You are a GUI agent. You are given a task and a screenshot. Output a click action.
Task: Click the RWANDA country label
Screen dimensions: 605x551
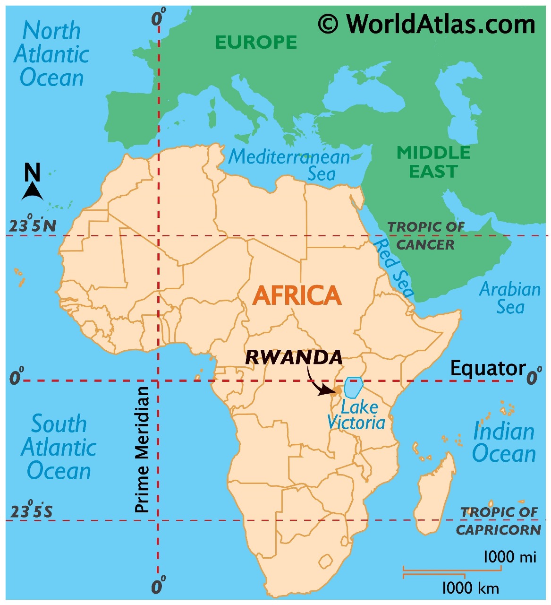[x=294, y=357]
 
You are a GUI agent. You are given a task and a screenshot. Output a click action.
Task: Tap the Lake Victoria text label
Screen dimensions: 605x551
[x=357, y=415]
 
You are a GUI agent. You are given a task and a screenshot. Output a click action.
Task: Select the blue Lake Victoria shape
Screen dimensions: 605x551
[x=353, y=388]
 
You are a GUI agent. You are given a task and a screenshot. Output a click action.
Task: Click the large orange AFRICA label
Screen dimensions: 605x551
[x=297, y=295]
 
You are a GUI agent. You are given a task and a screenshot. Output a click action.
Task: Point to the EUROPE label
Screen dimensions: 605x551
[x=256, y=43]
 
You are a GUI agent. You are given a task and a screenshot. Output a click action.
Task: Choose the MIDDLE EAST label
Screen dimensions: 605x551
[x=433, y=162]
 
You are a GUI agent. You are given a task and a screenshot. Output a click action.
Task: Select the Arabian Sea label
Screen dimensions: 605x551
[x=510, y=298]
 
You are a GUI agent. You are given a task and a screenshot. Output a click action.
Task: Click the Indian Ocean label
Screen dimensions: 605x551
[x=504, y=442]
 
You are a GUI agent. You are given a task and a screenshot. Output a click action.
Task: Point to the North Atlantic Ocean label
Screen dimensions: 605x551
[x=51, y=54]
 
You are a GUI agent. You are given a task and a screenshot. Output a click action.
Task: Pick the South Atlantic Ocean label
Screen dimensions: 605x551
[x=59, y=447]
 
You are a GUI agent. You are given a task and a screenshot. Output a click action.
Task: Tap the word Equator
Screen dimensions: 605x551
[x=487, y=368]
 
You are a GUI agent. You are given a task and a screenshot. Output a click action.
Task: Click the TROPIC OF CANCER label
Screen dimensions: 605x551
[x=426, y=235]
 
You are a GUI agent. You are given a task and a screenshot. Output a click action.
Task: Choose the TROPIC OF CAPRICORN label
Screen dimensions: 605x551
[x=499, y=521]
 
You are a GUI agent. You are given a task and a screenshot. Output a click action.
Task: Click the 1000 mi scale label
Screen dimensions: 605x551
[x=509, y=556]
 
